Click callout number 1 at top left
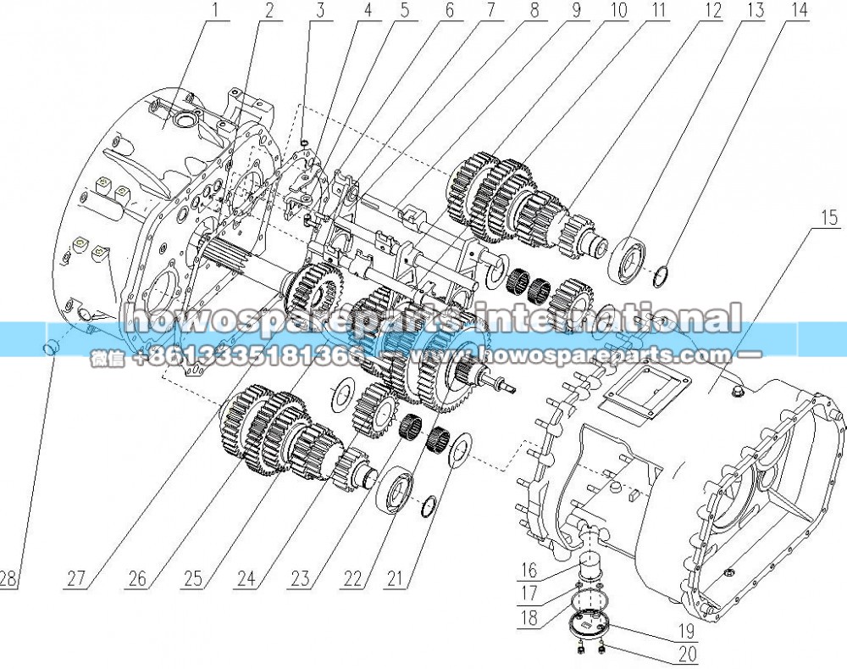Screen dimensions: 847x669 (x=215, y=10)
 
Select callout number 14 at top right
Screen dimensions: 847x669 (x=799, y=10)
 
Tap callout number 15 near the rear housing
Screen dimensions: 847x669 (x=829, y=217)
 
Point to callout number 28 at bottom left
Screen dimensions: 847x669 (x=8, y=578)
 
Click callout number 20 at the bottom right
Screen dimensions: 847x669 (x=688, y=654)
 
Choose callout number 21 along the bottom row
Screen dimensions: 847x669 (x=395, y=578)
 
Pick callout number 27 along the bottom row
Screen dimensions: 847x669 (x=76, y=578)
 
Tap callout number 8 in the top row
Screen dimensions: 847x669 (x=534, y=10)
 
